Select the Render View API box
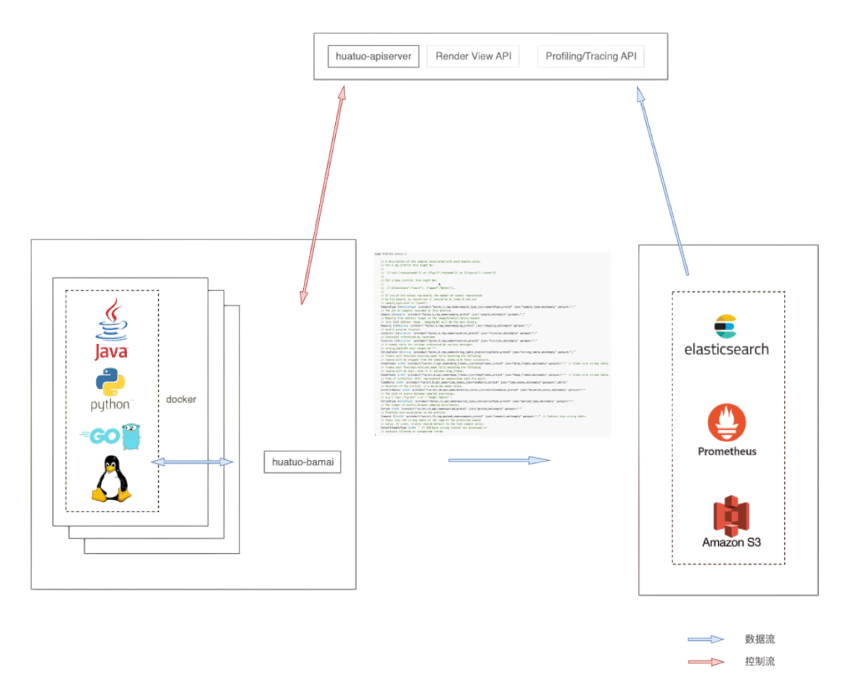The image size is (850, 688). [473, 57]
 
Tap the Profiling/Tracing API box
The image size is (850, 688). [590, 57]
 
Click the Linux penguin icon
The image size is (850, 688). [111, 479]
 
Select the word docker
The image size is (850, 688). [181, 399]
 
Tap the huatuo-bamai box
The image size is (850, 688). [302, 462]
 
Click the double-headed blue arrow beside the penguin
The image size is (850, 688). [192, 462]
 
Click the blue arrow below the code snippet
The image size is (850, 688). [499, 459]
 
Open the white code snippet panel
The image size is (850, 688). [492, 344]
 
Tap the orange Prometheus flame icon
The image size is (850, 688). [727, 423]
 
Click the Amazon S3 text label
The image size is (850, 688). [731, 542]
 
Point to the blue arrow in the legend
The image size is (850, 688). [706, 639]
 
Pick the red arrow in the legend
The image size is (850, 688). [706, 662]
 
